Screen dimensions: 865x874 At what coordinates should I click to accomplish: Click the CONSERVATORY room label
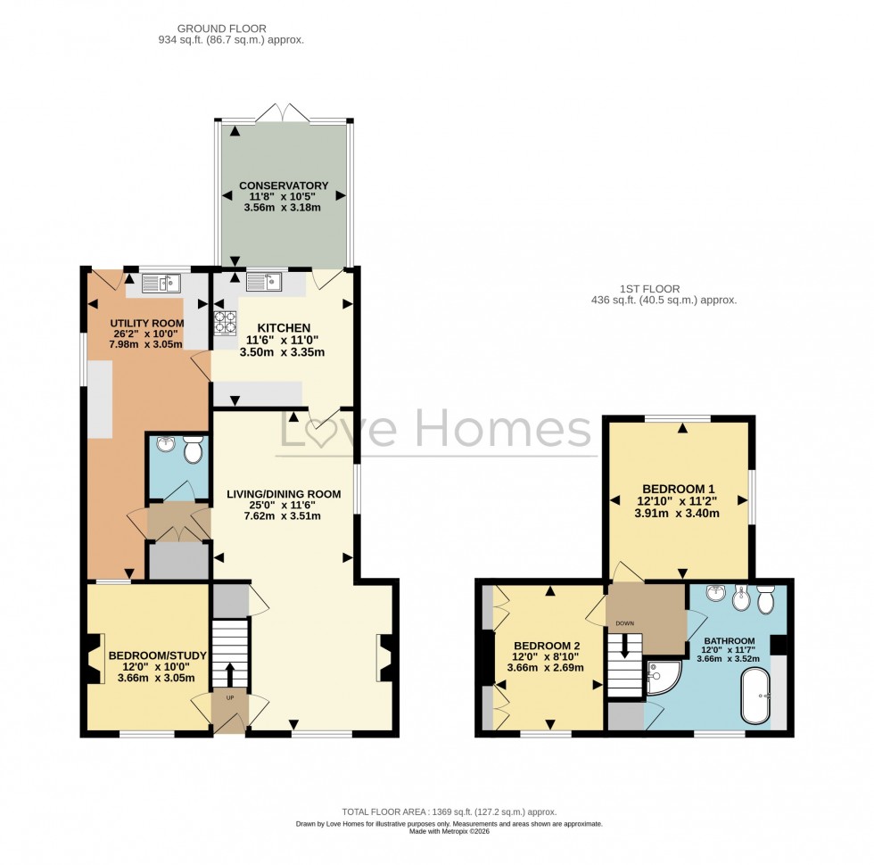[x=284, y=185]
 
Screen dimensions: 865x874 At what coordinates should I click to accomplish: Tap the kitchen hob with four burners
[x=223, y=320]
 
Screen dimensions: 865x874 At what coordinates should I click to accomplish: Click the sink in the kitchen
[x=266, y=283]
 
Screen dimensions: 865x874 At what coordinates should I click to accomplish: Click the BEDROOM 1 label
[x=680, y=488]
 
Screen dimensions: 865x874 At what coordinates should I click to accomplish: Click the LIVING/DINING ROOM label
[x=283, y=494]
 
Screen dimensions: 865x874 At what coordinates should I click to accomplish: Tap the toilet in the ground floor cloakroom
[x=191, y=452]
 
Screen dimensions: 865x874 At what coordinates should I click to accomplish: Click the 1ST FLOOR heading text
[x=650, y=289]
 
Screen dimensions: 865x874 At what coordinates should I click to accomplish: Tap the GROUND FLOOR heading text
[x=210, y=29]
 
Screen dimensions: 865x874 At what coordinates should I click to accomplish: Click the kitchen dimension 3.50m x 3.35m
[x=284, y=352]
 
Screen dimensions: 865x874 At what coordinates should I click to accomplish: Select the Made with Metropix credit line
[x=449, y=832]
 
